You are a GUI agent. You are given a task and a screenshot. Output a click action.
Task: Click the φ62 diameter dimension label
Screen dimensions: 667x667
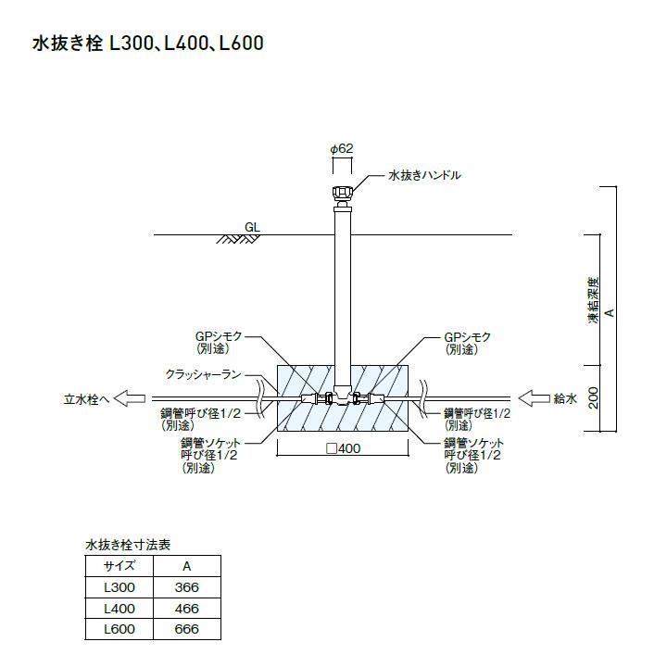(x=342, y=148)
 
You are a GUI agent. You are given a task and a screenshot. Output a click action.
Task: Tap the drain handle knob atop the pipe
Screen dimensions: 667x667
(x=342, y=193)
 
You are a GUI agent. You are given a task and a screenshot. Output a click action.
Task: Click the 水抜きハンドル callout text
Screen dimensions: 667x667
(x=424, y=175)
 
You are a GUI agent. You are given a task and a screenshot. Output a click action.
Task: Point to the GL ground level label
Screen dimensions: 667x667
(x=252, y=227)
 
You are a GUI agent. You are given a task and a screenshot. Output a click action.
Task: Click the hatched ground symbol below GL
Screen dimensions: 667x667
(x=238, y=239)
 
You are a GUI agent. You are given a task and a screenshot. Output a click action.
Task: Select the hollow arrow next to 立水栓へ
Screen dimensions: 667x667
(x=130, y=398)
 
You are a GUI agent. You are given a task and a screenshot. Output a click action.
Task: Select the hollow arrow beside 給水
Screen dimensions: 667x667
(x=534, y=398)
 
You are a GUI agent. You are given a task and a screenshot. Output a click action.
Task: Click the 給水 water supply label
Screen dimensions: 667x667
(x=565, y=398)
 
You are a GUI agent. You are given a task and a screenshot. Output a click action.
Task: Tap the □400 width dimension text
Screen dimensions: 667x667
(x=343, y=448)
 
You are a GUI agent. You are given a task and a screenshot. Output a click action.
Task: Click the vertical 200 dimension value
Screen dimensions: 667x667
(x=593, y=397)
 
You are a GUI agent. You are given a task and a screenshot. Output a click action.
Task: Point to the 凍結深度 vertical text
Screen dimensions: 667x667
(x=593, y=300)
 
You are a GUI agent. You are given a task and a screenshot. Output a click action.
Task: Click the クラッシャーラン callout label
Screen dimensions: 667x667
(x=203, y=375)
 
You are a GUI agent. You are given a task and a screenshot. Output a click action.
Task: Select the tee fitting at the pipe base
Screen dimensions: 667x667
(x=342, y=396)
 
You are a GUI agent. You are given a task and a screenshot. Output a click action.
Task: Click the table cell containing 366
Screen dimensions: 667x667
(x=187, y=587)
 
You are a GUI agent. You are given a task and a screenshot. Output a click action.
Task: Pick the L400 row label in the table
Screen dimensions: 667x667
(x=120, y=609)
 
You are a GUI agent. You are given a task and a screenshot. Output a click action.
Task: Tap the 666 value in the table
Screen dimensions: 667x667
(x=187, y=629)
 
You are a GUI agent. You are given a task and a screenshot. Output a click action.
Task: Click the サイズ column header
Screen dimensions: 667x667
(x=120, y=566)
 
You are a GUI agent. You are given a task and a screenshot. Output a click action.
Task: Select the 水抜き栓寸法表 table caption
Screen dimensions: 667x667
(x=128, y=545)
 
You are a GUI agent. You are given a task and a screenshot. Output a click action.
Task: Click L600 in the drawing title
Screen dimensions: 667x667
(x=241, y=44)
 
